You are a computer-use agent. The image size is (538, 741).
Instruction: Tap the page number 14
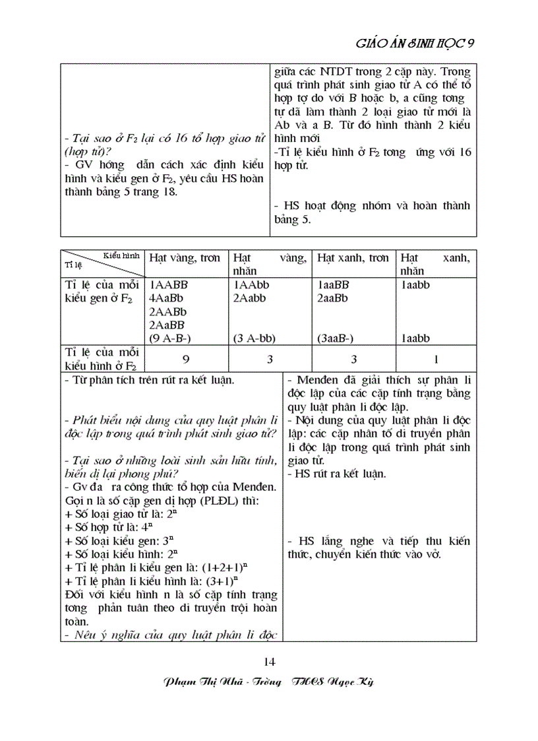point(268,662)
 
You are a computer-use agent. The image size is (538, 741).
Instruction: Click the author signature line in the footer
point(268,682)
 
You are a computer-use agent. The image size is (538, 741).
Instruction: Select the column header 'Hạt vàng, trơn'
point(185,258)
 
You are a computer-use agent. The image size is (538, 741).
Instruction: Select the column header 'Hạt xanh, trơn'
point(353,258)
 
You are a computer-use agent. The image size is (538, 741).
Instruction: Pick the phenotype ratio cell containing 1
point(436,360)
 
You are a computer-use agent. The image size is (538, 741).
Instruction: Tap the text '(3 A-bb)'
point(254,338)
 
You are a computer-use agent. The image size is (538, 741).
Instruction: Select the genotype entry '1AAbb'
point(251,285)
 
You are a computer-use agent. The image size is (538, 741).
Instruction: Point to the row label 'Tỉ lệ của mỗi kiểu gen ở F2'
point(102,292)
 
